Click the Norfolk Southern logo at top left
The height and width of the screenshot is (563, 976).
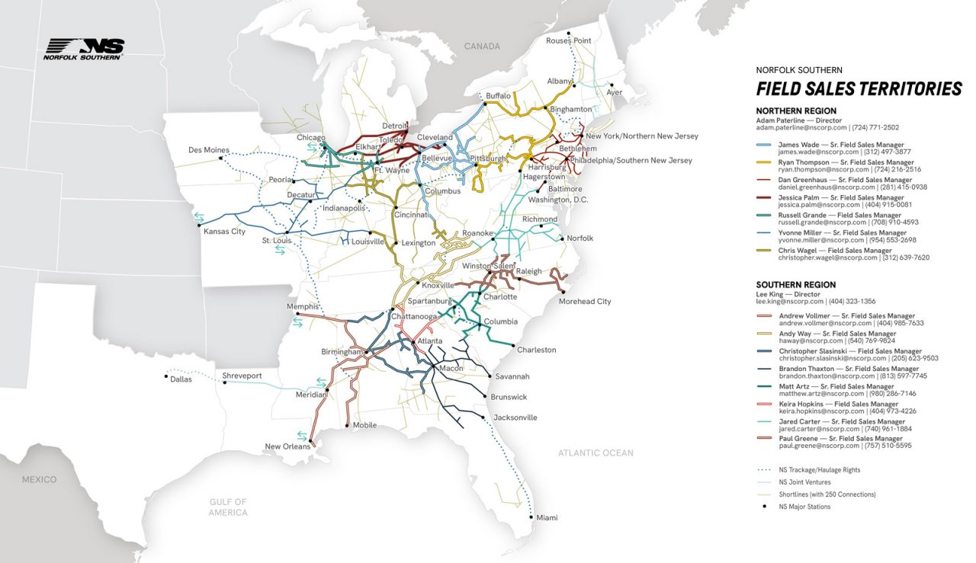point(83,50)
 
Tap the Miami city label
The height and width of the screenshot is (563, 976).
point(547,518)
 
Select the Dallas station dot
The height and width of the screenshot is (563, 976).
point(166,376)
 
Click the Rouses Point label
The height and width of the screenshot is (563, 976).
point(568,40)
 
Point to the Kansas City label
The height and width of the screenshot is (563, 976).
point(224,231)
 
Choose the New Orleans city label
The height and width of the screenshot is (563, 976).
point(287,446)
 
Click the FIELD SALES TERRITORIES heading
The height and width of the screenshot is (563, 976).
point(859,89)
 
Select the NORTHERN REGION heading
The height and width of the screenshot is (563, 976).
point(796,111)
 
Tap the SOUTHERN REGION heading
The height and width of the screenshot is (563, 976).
point(796,285)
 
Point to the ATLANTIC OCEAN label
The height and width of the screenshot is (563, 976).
point(595,453)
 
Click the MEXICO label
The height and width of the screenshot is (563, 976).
point(39,479)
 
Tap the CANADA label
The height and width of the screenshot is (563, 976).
point(482,46)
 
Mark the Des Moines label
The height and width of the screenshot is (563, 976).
point(209,150)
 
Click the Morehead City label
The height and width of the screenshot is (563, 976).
point(585,301)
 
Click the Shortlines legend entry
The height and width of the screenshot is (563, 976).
point(824,494)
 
